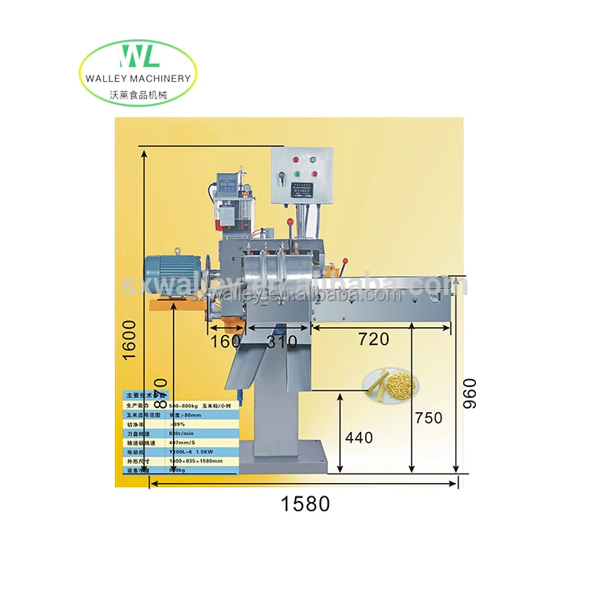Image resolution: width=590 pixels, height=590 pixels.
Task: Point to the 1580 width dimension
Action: click(x=305, y=503)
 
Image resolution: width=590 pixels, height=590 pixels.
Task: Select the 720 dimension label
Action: click(x=373, y=339)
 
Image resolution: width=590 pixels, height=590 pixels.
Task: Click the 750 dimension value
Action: click(x=428, y=419)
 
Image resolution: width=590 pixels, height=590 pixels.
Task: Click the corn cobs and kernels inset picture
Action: click(x=391, y=385)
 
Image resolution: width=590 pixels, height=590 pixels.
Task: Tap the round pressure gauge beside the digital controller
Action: click(x=246, y=190)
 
